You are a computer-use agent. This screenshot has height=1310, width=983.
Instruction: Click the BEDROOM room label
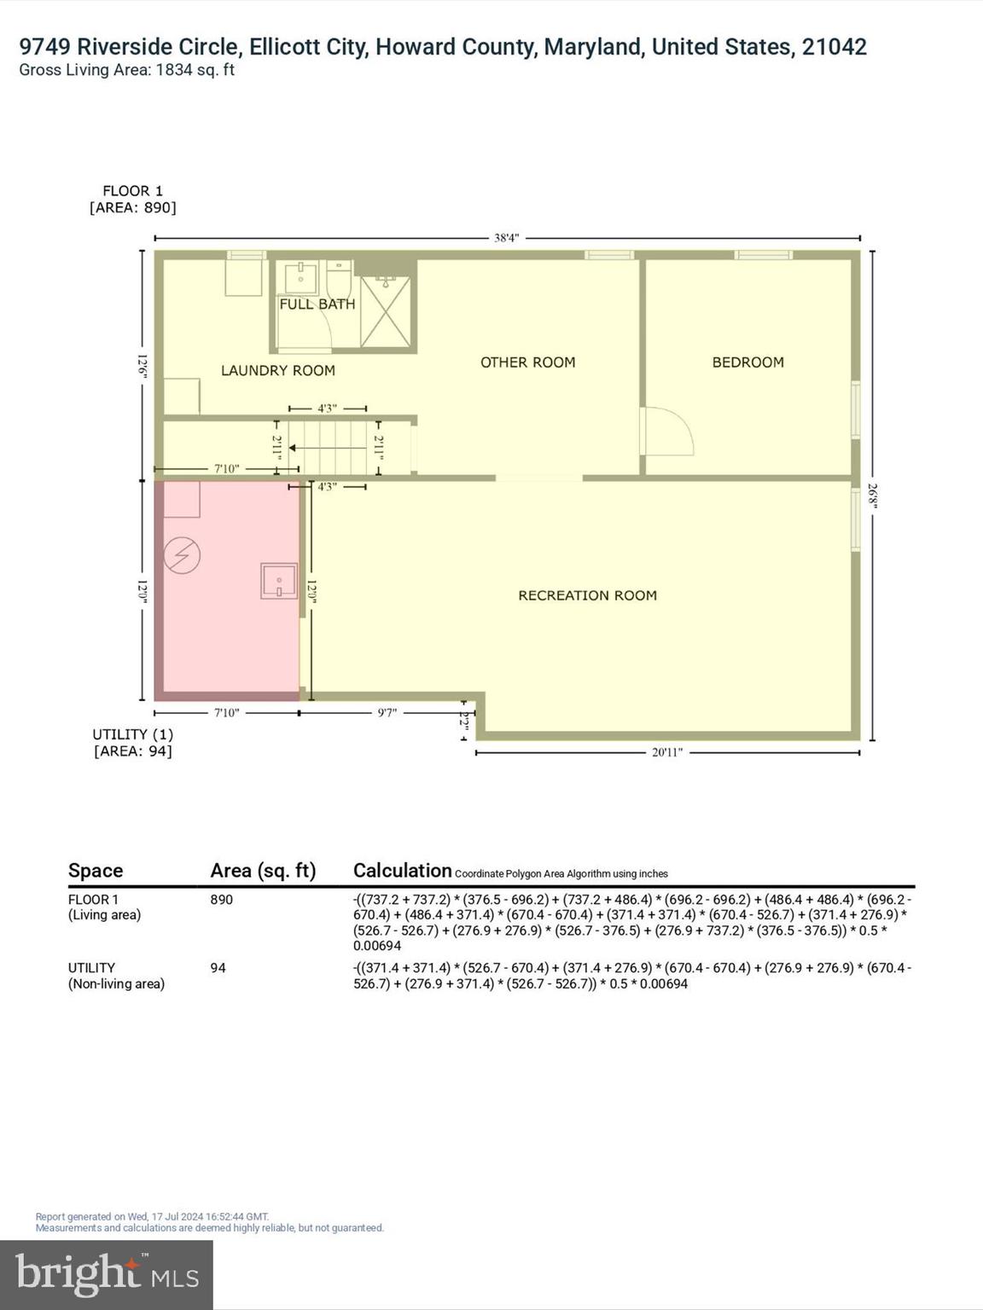(747, 362)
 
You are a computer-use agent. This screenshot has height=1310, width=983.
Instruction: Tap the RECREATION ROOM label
(587, 595)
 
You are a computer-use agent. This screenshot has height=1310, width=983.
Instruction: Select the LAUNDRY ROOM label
(277, 370)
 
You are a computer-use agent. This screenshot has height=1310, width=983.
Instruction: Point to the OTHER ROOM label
(527, 362)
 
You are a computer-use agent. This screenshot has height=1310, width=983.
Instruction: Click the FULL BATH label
(317, 304)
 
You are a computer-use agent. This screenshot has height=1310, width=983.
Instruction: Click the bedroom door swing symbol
(668, 432)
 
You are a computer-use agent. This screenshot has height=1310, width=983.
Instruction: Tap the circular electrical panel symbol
(182, 556)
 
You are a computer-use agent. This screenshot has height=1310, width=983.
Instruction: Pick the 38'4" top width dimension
(506, 238)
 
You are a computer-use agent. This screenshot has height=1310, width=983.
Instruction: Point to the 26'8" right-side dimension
(872, 496)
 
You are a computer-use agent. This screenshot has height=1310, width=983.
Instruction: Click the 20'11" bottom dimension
(666, 752)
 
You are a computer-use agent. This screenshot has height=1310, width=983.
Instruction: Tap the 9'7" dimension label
(387, 712)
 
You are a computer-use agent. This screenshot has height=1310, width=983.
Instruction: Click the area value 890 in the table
(221, 900)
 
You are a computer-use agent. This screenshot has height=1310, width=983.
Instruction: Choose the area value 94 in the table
(218, 968)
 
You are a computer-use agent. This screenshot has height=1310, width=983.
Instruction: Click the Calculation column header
(402, 870)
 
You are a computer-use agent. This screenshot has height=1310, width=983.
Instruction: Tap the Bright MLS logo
(107, 1274)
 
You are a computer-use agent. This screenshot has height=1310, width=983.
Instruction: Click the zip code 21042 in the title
(834, 47)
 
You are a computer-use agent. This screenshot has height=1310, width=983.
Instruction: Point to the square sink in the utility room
(279, 581)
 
